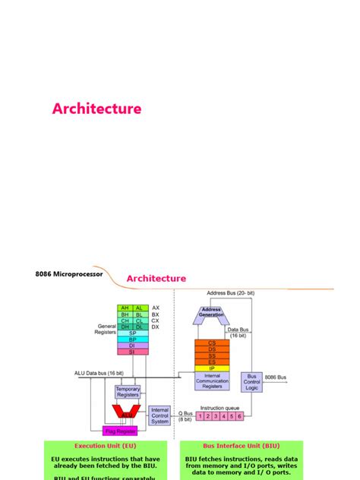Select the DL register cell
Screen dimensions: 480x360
coord(141,327)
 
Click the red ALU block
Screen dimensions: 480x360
coord(125,411)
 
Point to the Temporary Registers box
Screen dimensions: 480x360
coord(127,392)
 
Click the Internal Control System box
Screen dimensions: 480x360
coord(159,415)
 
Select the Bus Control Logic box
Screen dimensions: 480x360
coord(251,381)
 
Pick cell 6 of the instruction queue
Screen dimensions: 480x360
coord(239,416)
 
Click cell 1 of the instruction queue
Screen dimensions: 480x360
coord(201,416)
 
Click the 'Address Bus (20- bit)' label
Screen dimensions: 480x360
coord(230,292)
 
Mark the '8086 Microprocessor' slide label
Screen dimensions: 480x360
coord(69,274)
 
